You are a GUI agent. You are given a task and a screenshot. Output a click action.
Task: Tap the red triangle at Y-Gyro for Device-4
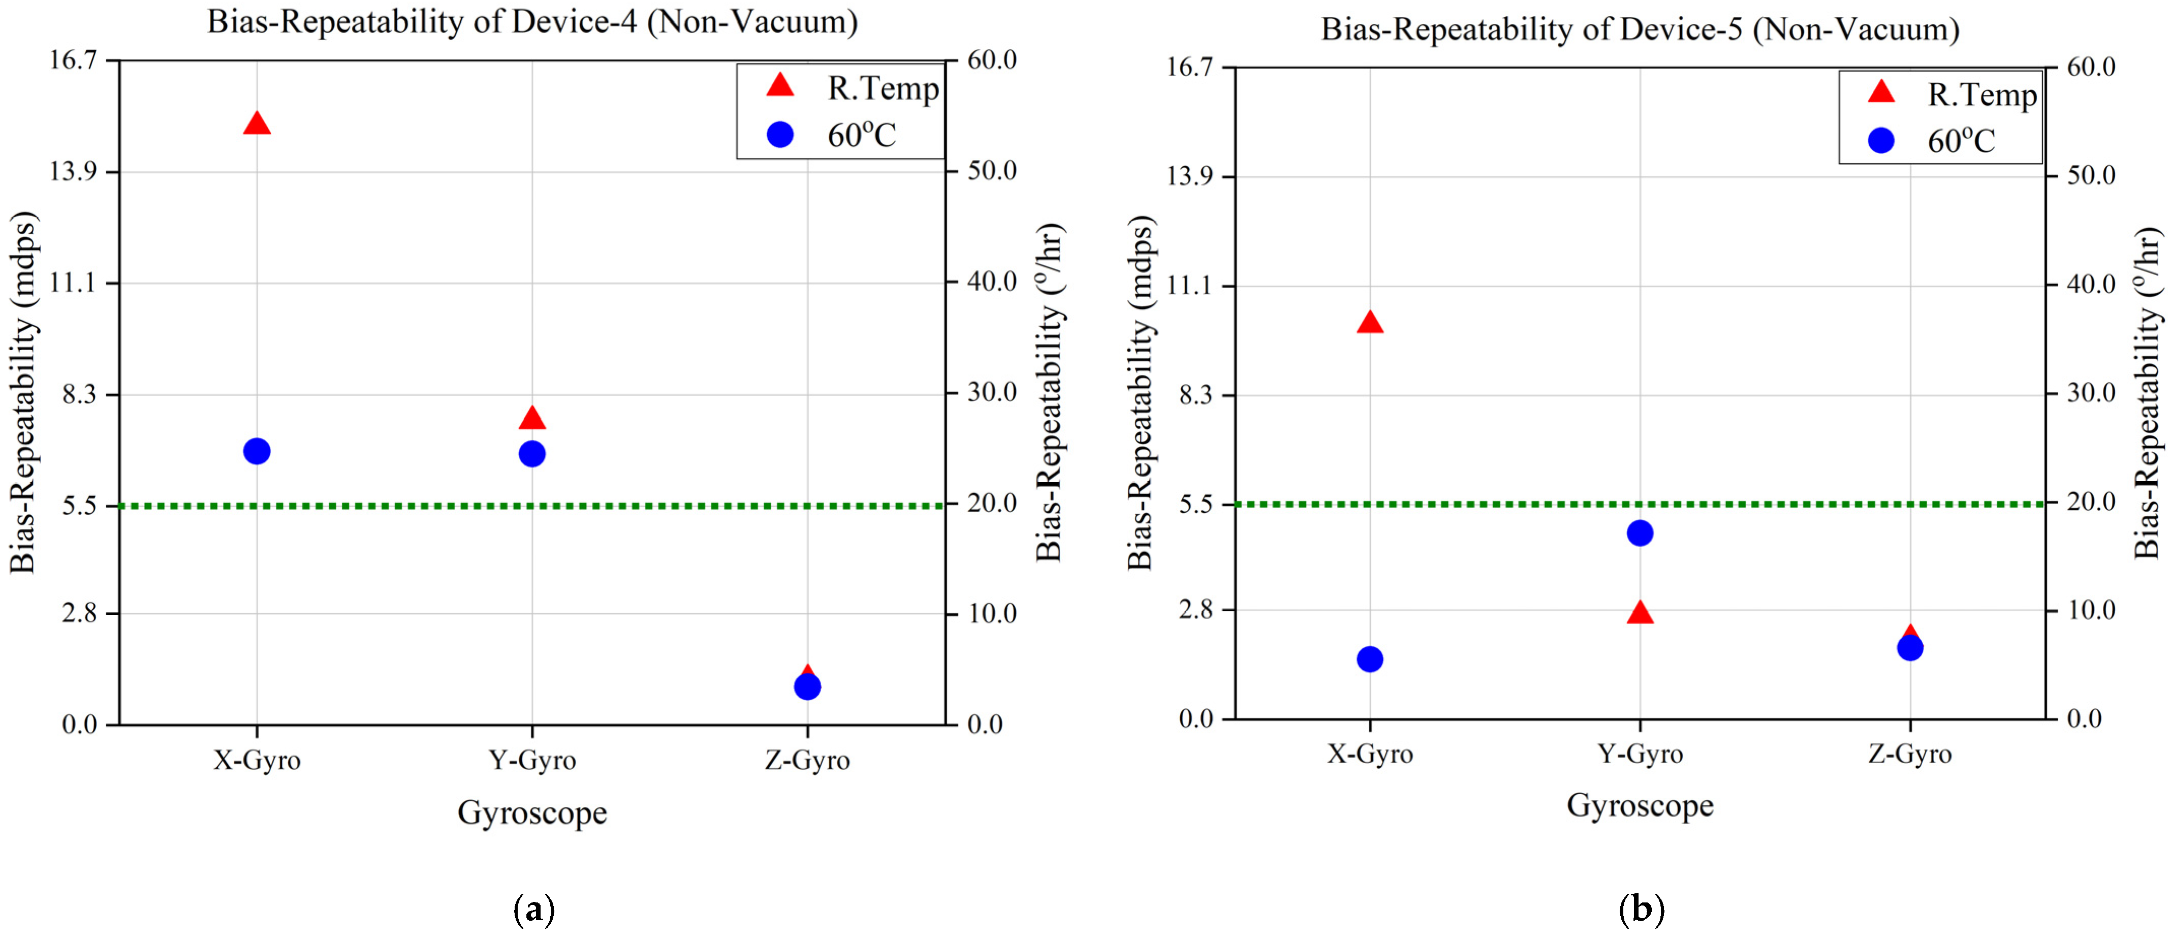point(532,419)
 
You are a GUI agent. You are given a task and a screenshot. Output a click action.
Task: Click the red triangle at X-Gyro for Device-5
point(1370,323)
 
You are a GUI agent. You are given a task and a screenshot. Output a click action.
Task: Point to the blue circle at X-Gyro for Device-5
point(1370,659)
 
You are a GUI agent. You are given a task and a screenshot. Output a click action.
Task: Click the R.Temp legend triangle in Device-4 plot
point(780,86)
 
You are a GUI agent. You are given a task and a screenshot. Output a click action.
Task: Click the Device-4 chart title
point(532,22)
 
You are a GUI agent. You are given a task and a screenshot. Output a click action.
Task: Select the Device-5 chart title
point(1639,29)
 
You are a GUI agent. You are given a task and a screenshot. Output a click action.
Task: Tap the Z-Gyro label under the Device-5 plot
point(1910,754)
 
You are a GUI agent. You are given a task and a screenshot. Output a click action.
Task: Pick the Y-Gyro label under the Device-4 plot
point(532,760)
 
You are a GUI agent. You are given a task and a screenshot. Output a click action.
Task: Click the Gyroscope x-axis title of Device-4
point(532,812)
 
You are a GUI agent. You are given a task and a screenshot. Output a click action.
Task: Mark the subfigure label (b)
point(1641,910)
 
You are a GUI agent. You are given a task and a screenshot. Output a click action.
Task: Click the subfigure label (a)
point(533,910)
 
